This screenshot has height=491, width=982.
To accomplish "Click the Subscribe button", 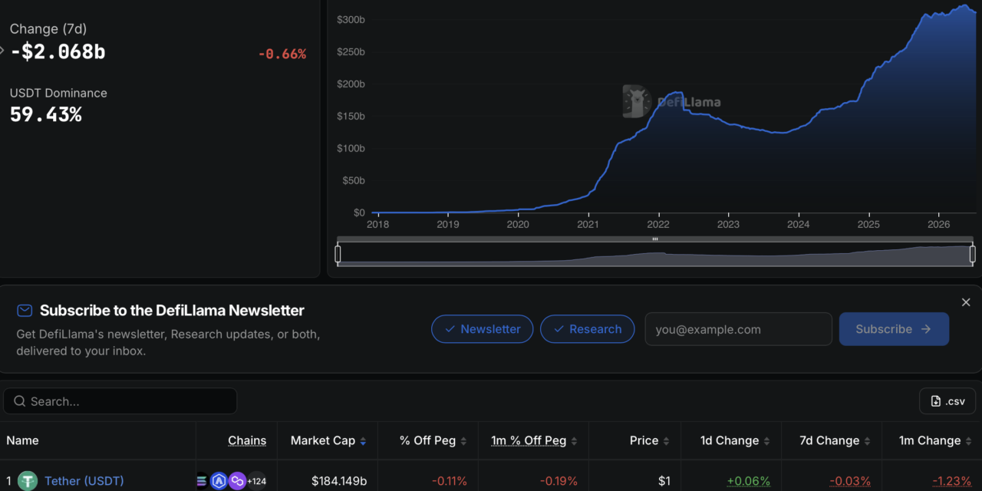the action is (894, 329).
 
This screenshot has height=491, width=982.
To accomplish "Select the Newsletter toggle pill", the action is (483, 329).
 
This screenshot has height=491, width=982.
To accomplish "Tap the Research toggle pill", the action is (588, 329).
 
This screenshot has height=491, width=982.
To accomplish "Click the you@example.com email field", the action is (738, 329).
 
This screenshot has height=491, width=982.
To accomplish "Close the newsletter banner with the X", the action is (966, 302).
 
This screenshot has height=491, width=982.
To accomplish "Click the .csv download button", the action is (947, 401).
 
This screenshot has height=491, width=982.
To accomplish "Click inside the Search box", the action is (120, 401).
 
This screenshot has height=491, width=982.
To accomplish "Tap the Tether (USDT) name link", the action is (84, 481).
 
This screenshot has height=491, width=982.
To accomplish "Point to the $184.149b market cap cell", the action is (339, 481).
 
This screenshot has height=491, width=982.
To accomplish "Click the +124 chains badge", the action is (257, 481).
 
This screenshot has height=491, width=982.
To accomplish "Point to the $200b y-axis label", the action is (351, 84).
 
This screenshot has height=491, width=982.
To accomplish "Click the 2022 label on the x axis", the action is (658, 225).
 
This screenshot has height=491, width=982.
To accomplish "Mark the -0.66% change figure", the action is (282, 54).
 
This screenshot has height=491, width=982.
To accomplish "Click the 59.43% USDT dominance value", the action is (45, 115).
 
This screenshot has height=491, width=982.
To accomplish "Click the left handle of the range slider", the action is (338, 254).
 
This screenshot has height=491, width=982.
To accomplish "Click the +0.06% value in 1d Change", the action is (748, 481).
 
